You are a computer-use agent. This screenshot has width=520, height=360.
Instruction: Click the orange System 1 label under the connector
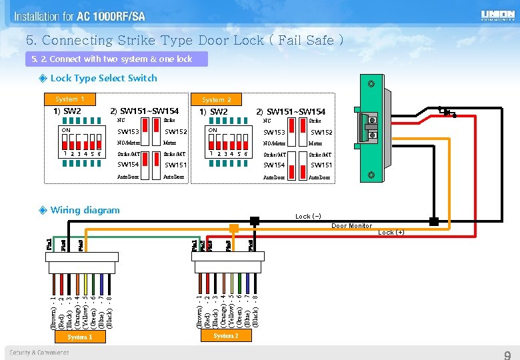79,337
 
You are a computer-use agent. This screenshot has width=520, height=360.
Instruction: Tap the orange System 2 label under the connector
226,336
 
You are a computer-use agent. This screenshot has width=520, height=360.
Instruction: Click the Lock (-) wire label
308,217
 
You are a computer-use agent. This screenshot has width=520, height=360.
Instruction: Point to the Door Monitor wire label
352,226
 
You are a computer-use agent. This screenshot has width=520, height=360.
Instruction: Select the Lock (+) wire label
391,233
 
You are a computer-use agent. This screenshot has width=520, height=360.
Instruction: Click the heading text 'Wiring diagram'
85,210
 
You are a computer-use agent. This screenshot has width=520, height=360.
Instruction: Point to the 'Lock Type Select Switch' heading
103,78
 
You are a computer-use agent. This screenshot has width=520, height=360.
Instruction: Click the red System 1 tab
70,99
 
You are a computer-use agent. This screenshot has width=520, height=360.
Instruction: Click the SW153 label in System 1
128,132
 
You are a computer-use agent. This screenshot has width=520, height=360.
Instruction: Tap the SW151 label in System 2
321,165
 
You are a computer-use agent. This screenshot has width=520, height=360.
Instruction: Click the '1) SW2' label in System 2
214,111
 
